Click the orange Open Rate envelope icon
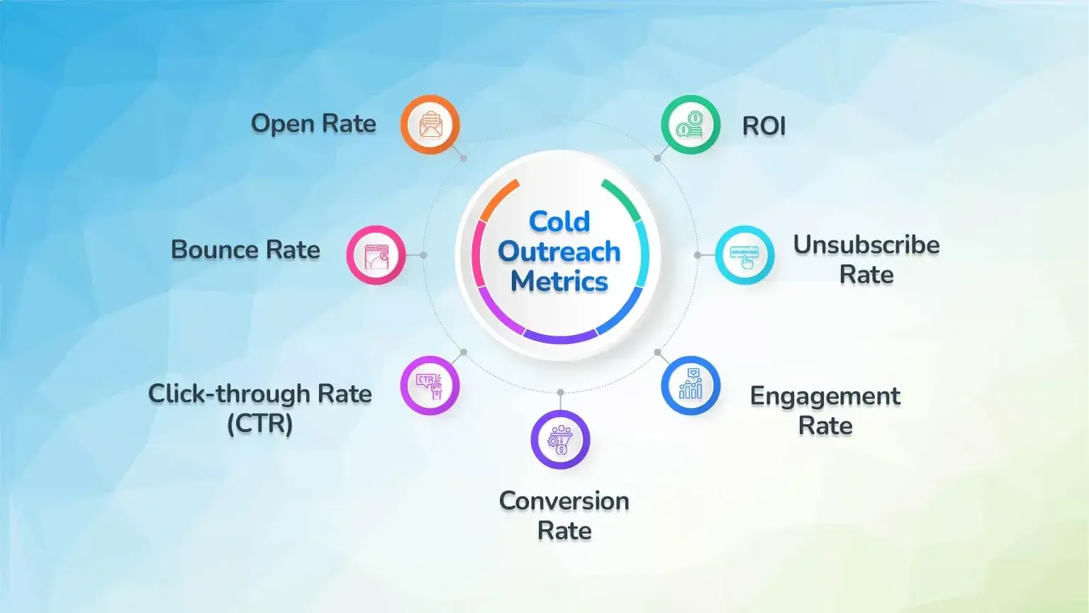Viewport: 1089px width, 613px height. pos(430,125)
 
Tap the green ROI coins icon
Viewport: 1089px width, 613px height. pos(691,125)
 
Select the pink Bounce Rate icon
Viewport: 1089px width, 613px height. pos(376,255)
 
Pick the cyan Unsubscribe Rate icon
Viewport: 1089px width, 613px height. pos(744,255)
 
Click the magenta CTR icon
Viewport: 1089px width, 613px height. pos(430,386)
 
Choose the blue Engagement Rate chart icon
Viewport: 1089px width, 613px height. pos(691,386)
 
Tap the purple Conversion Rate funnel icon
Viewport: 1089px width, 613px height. pos(560,440)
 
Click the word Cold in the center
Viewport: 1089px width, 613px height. pos(559,221)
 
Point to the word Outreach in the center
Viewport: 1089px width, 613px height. pos(559,252)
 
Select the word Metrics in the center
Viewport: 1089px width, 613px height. pos(559,282)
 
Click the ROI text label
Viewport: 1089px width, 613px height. pos(764,126)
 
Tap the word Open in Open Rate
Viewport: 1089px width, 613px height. pos(283,124)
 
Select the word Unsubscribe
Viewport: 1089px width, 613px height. pos(866,245)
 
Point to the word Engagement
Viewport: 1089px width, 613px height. pos(825,396)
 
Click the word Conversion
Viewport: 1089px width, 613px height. pos(564,501)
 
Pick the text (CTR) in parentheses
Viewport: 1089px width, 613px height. pos(259,424)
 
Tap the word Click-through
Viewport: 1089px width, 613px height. pos(229,394)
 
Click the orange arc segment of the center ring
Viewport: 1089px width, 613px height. pos(498,199)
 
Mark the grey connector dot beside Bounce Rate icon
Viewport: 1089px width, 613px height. pos(423,255)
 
